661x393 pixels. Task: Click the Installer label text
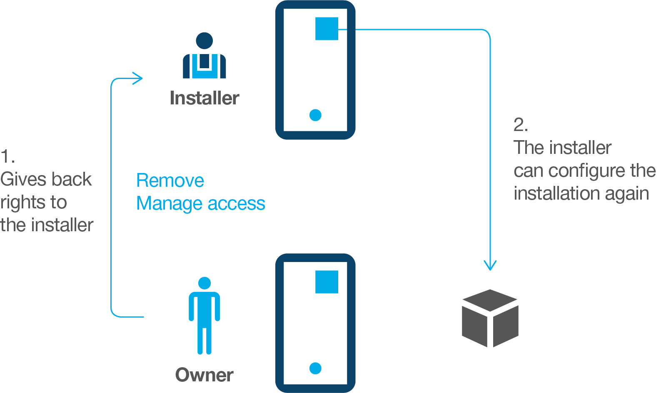tap(205, 98)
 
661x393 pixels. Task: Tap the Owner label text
tap(204, 375)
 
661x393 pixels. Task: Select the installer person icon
tap(205, 56)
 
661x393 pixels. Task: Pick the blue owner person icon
tap(205, 316)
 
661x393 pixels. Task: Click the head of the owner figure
tap(205, 283)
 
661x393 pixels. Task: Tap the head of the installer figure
tap(205, 41)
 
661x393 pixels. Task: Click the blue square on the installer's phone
tap(327, 29)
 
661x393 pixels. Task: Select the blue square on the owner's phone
tap(327, 282)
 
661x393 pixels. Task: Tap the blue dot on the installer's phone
tap(315, 115)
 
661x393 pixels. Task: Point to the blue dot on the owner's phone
tap(315, 368)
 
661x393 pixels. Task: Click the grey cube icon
tap(490, 318)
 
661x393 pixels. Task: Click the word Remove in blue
tap(170, 181)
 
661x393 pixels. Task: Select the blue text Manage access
tap(201, 204)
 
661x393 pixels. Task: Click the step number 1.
tap(7, 157)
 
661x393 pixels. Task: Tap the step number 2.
tap(520, 125)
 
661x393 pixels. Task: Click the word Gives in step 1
tap(22, 180)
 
